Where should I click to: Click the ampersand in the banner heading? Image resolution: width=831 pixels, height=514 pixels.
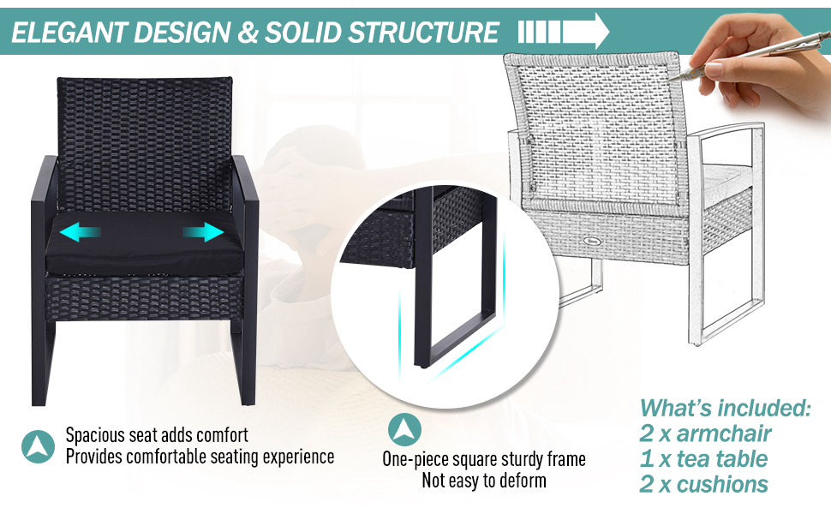pyautogui.click(x=248, y=33)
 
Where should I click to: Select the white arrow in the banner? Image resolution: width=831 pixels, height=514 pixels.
pyautogui.click(x=564, y=31)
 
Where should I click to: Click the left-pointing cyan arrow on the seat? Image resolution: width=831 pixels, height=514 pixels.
pyautogui.click(x=80, y=232)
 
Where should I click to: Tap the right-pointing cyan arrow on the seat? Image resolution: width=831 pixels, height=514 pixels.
pyautogui.click(x=204, y=232)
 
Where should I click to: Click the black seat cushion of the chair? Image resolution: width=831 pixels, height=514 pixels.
pyautogui.click(x=143, y=247)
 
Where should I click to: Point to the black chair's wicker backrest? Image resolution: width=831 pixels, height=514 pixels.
pyautogui.click(x=145, y=137)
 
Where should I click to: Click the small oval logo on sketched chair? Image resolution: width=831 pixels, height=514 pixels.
pyautogui.click(x=590, y=241)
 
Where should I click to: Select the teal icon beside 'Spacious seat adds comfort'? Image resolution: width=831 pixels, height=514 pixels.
pyautogui.click(x=39, y=446)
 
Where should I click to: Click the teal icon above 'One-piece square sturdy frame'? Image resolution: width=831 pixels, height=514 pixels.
pyautogui.click(x=405, y=429)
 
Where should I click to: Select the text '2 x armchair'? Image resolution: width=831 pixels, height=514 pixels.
pyautogui.click(x=705, y=433)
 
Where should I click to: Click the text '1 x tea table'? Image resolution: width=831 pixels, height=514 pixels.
pyautogui.click(x=704, y=459)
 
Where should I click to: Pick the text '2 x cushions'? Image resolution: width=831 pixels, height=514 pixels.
pyautogui.click(x=704, y=484)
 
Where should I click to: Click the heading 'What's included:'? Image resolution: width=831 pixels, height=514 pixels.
pyautogui.click(x=725, y=408)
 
